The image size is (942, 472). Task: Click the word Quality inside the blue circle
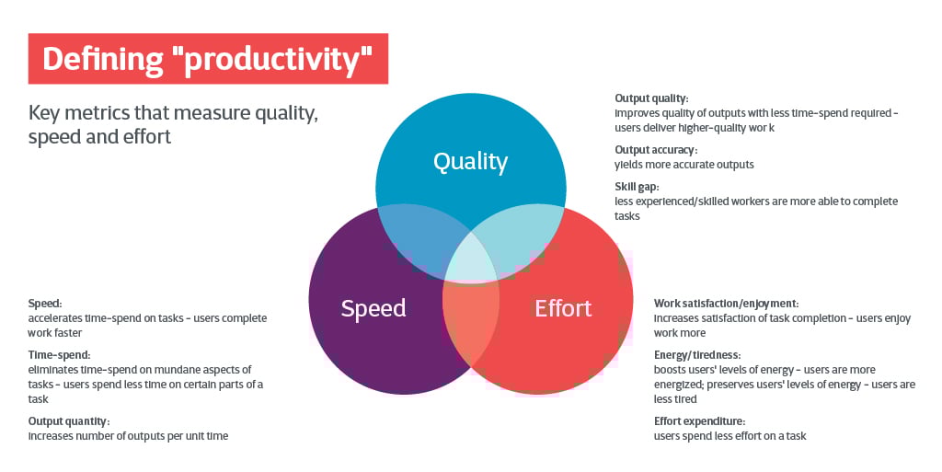tap(470, 162)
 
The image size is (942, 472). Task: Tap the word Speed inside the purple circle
tap(373, 308)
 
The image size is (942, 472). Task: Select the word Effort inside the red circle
tap(563, 308)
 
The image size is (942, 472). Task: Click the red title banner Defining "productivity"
tap(208, 59)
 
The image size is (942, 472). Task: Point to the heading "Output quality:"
tap(651, 98)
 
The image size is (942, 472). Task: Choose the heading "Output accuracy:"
tap(656, 150)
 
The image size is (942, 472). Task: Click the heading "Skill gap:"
tap(637, 187)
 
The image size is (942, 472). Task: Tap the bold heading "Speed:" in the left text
tap(45, 304)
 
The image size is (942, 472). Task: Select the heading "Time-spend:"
tap(60, 355)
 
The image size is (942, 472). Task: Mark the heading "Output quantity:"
tap(69, 421)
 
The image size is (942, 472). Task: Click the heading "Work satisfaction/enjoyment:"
tap(727, 304)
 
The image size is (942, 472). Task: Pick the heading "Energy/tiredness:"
tap(697, 355)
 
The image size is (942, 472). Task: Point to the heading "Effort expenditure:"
tap(699, 421)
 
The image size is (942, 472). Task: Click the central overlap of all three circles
tap(472, 261)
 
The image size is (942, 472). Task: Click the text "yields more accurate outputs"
tap(684, 165)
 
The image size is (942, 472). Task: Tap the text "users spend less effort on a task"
tap(729, 436)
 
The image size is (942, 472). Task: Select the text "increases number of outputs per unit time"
tap(128, 436)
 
